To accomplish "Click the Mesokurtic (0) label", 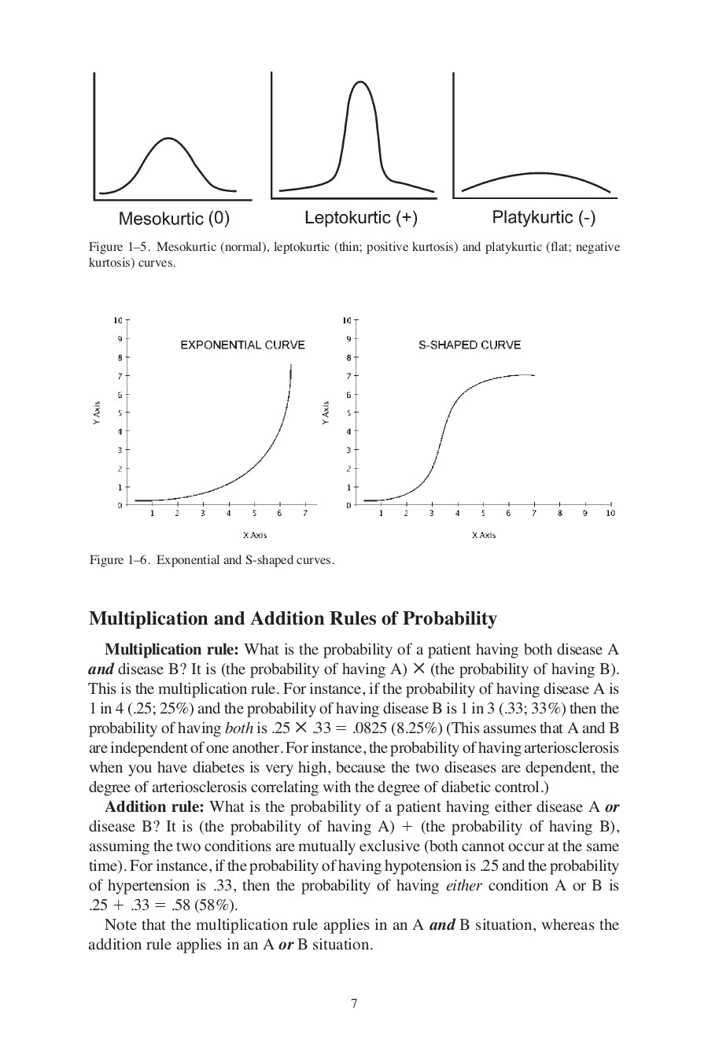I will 174,218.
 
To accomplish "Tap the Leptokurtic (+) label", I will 361,217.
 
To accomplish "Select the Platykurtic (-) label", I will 544,217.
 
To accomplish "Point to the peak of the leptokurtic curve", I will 361,82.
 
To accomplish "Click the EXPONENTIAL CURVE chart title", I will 242,345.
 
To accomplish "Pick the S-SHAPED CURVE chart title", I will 470,345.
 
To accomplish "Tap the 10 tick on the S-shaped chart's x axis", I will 610,513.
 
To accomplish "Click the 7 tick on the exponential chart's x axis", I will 304,513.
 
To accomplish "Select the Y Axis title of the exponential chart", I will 96,414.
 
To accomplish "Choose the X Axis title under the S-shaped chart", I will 484,535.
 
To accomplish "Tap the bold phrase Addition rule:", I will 154,806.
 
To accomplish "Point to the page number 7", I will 354,1004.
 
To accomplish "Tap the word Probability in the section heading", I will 450,619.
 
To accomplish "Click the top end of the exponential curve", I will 292,365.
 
